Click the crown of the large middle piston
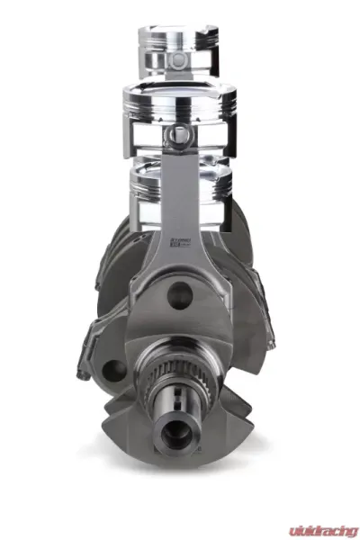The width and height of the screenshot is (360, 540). pos(180,87)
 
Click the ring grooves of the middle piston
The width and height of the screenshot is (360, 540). pos(180,106)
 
